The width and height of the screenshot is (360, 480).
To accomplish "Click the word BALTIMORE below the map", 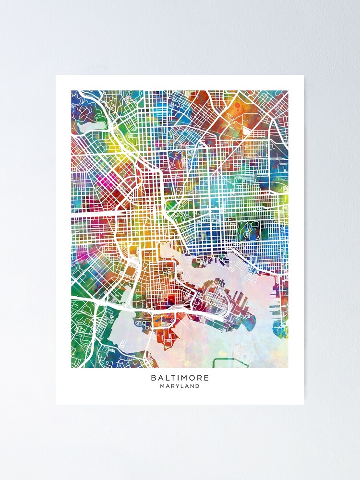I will pos(180,378).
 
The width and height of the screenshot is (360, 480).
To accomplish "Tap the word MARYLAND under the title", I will pos(180,386).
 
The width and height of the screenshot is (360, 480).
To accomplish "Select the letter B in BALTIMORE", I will pos(153,378).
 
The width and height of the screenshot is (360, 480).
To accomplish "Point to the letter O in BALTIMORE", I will pos(192,378).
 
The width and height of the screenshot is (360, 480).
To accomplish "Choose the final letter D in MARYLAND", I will pos(197,386).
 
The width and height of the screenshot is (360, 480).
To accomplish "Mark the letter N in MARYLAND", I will pos(191,386).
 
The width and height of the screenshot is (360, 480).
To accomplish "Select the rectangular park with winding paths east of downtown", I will pos(248,230).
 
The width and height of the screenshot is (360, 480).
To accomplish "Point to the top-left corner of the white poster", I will pos(56,75).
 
